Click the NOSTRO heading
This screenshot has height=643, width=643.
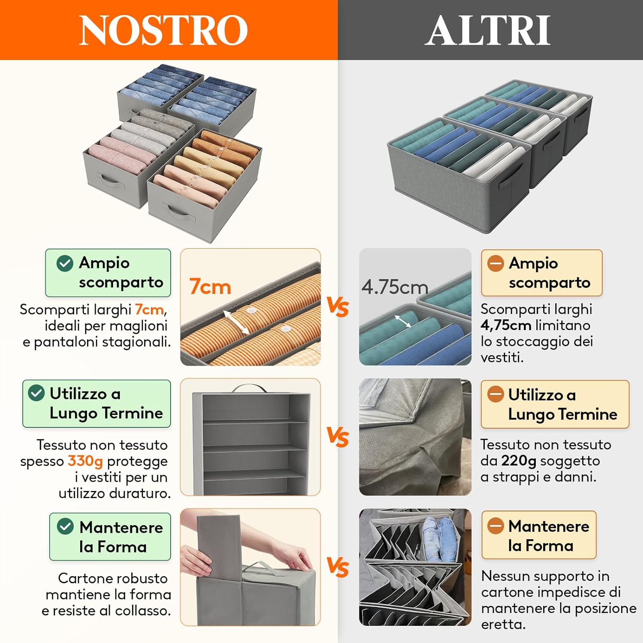click(x=163, y=30)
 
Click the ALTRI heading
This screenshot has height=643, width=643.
click(x=488, y=30)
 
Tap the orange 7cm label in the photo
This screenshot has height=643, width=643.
click(x=210, y=287)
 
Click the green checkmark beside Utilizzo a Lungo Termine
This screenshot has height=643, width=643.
click(x=36, y=393)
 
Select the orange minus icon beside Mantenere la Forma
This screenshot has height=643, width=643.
click(x=496, y=526)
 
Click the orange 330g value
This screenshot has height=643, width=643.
click(x=85, y=461)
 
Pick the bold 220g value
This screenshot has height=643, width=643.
click(x=519, y=461)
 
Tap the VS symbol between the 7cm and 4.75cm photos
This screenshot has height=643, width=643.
click(x=338, y=307)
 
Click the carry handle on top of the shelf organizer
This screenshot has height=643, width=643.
click(x=249, y=388)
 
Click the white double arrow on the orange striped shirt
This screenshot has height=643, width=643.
click(x=236, y=323)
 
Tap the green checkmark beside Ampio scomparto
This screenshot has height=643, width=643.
click(x=65, y=263)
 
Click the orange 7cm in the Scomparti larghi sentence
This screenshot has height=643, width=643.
click(x=149, y=309)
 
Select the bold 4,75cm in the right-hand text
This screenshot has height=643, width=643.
click(x=506, y=325)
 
